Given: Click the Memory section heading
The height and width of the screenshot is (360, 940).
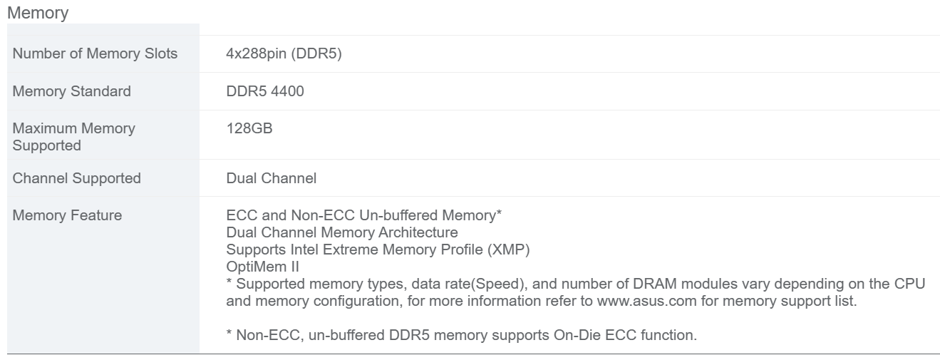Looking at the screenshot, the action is click(38, 13).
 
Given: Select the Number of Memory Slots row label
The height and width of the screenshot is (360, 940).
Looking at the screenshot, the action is click(95, 53).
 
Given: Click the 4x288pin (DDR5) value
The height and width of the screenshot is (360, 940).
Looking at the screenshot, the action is click(284, 53).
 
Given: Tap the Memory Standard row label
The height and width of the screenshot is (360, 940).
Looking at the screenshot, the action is click(72, 91).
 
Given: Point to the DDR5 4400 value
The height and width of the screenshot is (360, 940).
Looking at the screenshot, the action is click(265, 91).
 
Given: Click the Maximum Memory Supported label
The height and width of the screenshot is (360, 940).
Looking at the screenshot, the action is click(74, 137).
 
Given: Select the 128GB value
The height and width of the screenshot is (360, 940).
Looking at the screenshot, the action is click(249, 128).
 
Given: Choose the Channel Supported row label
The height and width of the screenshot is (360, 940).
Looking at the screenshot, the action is click(77, 178).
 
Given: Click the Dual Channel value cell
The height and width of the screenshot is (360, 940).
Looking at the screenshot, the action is click(272, 178).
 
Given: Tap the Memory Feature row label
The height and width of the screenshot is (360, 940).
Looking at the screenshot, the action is click(67, 215).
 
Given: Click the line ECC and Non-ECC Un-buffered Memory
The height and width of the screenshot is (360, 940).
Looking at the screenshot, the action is click(364, 215).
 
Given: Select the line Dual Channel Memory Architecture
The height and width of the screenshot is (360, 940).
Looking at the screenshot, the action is click(342, 232).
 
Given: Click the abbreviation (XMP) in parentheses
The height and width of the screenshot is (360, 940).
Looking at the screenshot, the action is click(509, 250).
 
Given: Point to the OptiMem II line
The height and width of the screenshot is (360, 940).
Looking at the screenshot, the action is click(263, 267).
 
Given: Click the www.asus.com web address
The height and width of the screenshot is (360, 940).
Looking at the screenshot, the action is click(646, 302).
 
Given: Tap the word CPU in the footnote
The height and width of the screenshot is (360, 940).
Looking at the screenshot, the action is click(910, 284).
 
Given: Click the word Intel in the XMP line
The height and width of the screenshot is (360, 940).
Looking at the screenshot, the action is click(304, 250).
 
